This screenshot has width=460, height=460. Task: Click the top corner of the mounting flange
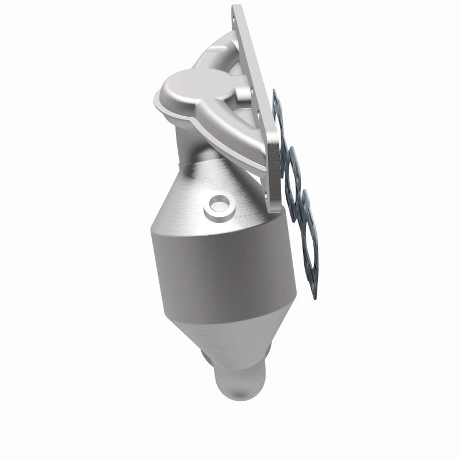click(x=235, y=7)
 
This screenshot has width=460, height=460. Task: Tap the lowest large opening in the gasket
click(x=305, y=253)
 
